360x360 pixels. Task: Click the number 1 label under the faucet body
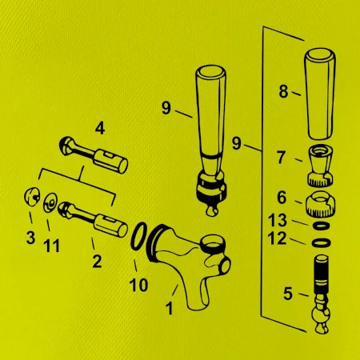(169, 309)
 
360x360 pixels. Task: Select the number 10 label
(138, 285)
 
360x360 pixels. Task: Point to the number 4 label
(100, 129)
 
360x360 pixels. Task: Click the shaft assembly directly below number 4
(94, 154)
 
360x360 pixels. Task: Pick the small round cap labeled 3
(31, 197)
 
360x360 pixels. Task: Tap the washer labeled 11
(50, 202)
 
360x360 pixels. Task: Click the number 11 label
(52, 246)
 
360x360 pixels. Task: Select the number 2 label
(97, 262)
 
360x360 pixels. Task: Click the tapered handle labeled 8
(320, 94)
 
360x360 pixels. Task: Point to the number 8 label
(283, 91)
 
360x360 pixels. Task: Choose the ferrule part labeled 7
(320, 166)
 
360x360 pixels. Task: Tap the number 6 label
(282, 198)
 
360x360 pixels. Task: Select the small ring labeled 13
(322, 226)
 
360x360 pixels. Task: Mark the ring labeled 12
(321, 243)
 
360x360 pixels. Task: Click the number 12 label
(278, 238)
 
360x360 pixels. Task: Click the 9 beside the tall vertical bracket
(236, 143)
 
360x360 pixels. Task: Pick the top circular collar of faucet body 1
(213, 243)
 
